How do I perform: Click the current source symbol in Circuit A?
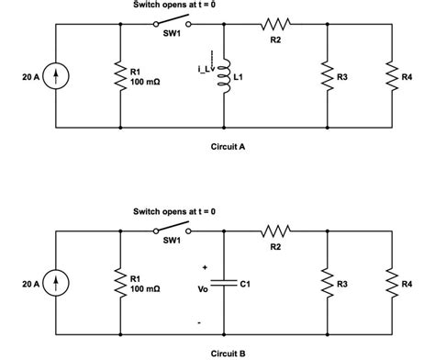57,75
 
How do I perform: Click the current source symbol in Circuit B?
57,283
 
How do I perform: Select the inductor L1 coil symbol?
225,79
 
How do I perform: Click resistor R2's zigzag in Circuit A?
276,25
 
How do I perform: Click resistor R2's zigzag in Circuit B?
276,231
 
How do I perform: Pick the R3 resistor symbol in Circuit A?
328,75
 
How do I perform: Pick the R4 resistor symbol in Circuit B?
392,283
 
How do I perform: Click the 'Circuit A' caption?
228,145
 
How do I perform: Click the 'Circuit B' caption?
228,352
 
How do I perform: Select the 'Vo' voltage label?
204,287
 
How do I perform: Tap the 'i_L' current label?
204,69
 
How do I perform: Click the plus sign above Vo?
204,267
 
